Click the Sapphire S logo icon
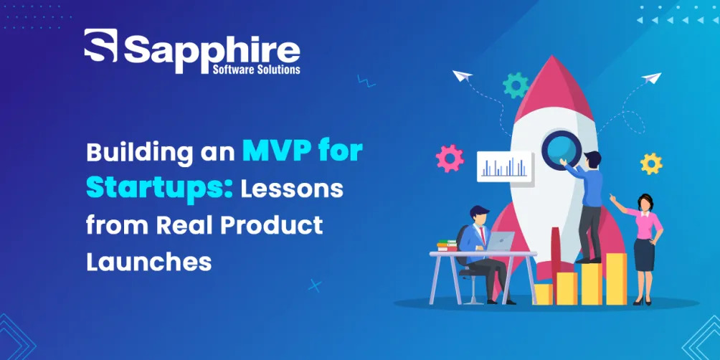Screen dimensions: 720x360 pyautogui.click(x=100, y=45)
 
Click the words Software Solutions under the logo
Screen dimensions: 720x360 pyautogui.click(x=257, y=70)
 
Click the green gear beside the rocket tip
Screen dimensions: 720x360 pyautogui.click(x=516, y=85)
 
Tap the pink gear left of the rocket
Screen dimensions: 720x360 pyautogui.click(x=450, y=158)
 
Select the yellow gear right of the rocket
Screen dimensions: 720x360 pyautogui.click(x=651, y=164)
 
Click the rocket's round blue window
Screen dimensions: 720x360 pyautogui.click(x=561, y=150)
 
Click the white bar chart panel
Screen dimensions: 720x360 pyautogui.click(x=505, y=167)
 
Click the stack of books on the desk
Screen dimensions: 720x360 pyautogui.click(x=447, y=245)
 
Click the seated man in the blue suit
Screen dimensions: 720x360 pyautogui.click(x=482, y=252)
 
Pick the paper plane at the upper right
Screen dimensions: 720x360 pyautogui.click(x=652, y=77)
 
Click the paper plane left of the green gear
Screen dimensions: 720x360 pyautogui.click(x=463, y=76)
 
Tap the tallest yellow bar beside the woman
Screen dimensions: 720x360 pyautogui.click(x=616, y=279)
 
